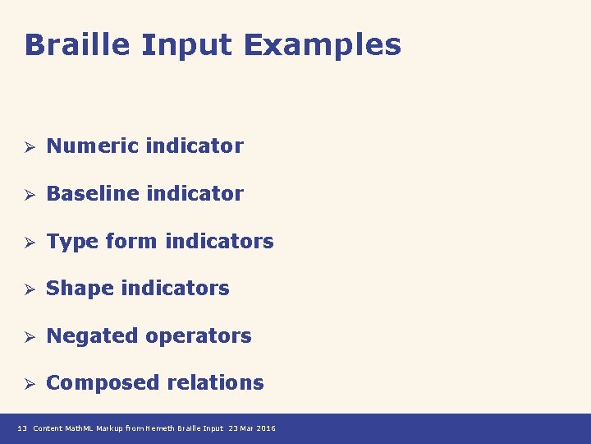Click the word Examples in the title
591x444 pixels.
click(323, 44)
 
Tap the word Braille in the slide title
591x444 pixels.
click(78, 44)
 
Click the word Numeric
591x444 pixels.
click(92, 146)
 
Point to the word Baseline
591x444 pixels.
click(92, 194)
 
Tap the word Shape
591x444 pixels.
click(80, 289)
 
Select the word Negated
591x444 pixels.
click(92, 336)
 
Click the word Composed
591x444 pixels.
click(103, 383)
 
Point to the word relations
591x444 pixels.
click(215, 383)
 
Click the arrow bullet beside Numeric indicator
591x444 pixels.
click(27, 147)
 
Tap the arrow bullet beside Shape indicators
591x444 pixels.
click(27, 289)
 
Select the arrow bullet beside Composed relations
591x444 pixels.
click(27, 384)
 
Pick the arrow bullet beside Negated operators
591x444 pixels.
click(27, 337)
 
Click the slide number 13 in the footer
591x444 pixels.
click(22, 428)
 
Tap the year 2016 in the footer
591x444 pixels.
click(265, 428)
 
